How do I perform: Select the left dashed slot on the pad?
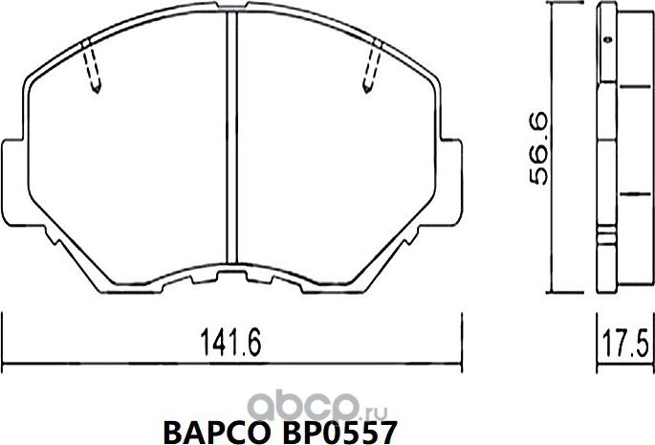[92, 69]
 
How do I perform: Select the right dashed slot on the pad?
[370, 69]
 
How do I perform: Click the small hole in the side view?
[606, 40]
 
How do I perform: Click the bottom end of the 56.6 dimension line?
[552, 293]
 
